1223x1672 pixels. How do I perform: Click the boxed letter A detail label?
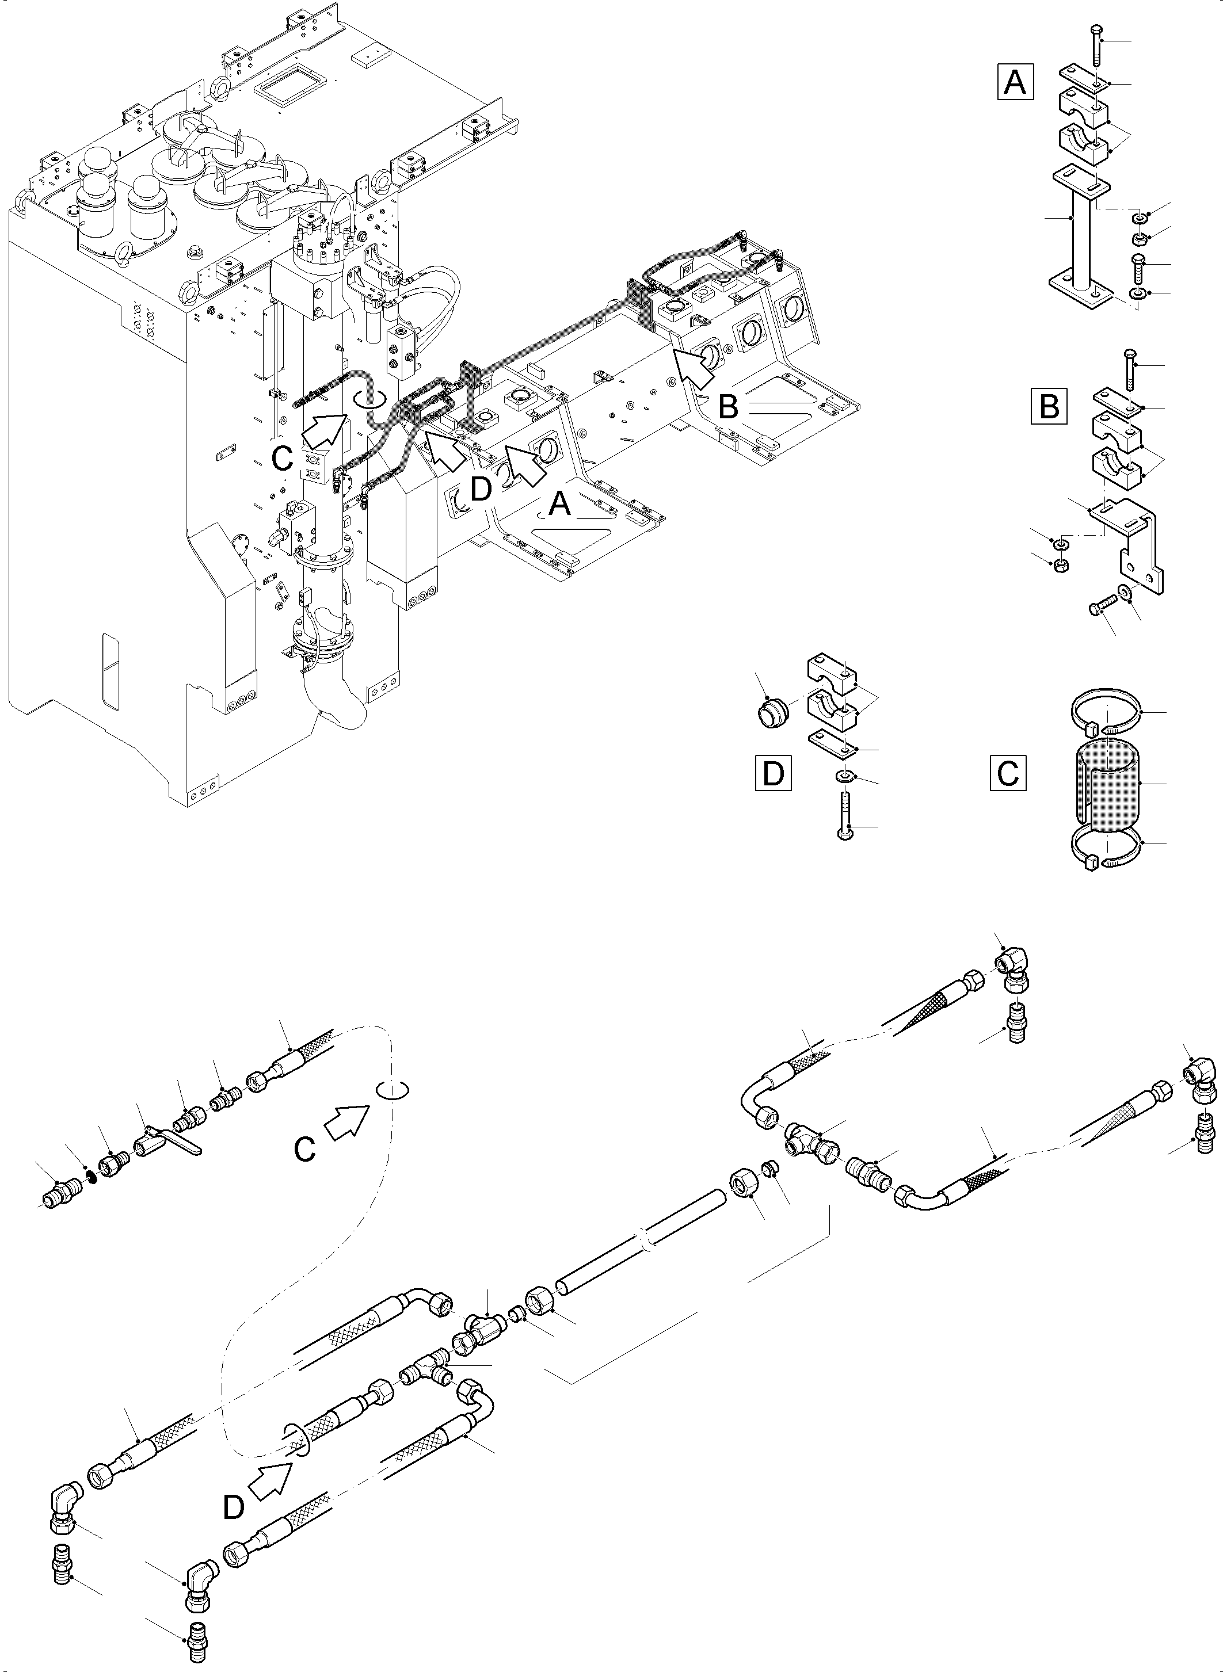tap(1015, 82)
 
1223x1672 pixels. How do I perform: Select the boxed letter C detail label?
tap(1008, 773)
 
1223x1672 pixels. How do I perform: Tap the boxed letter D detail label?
tap(773, 773)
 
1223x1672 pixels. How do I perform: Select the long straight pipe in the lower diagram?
tap(641, 1244)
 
